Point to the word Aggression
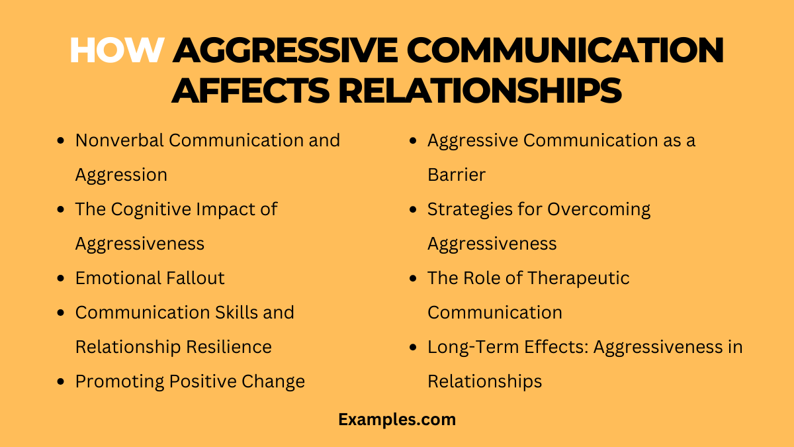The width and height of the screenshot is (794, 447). [121, 175]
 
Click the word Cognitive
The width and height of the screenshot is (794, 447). [153, 209]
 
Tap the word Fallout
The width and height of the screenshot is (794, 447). [193, 278]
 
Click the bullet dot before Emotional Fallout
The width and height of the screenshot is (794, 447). [62, 278]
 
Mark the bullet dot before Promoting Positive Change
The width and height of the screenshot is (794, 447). [62, 381]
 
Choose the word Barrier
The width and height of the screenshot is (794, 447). [456, 175]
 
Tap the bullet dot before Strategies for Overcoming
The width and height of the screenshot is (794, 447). [414, 209]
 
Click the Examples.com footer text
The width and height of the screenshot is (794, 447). [397, 419]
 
